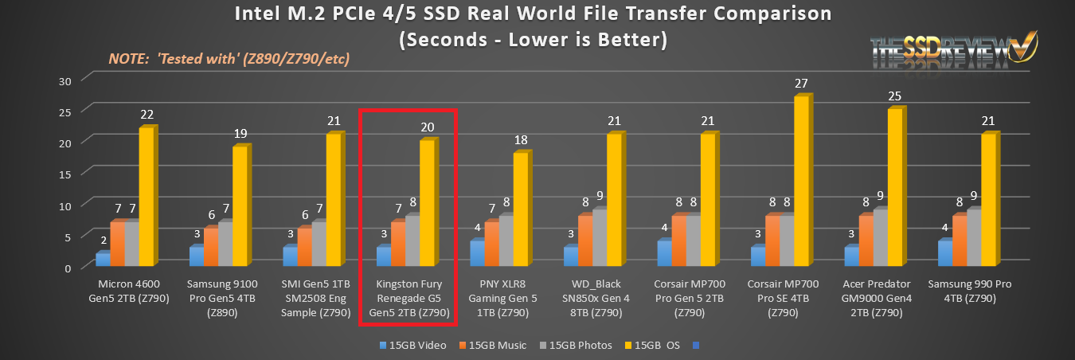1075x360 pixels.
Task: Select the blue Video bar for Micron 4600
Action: [103, 259]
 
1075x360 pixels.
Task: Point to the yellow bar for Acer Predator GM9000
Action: [895, 188]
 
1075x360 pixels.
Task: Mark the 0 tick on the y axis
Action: [68, 268]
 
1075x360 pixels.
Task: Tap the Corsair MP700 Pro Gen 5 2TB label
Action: [690, 299]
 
